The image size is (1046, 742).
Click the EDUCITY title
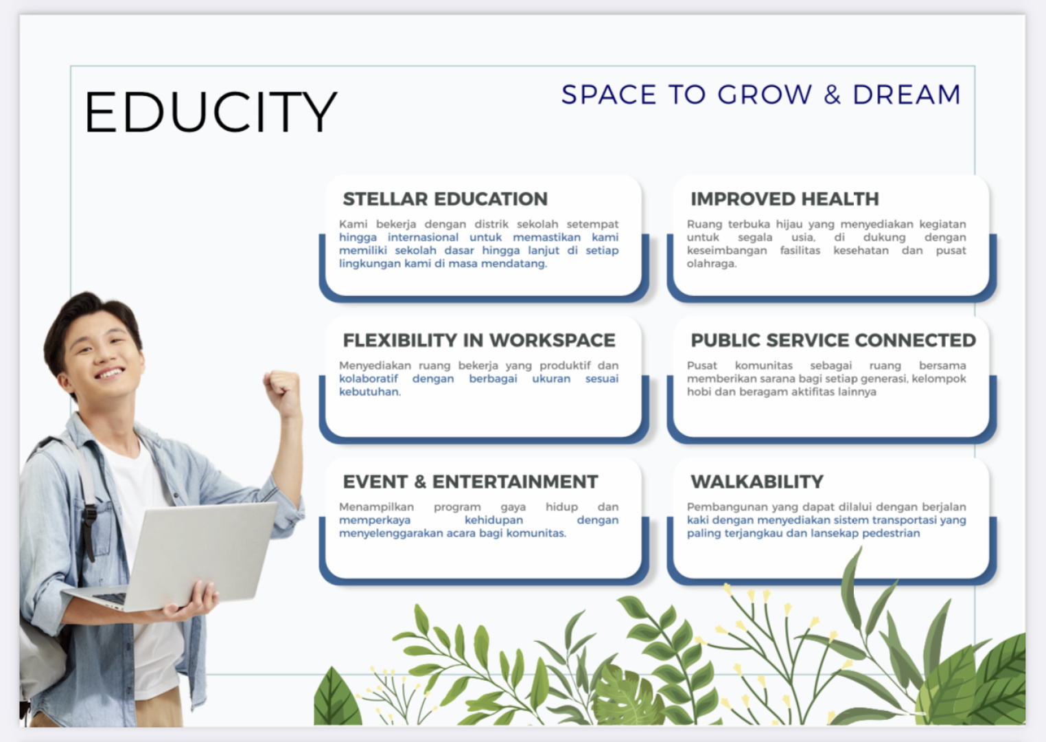[x=211, y=112]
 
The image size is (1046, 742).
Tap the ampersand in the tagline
[x=832, y=94]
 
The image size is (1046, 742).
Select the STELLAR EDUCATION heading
[x=445, y=199]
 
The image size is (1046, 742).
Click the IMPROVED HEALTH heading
[x=784, y=199]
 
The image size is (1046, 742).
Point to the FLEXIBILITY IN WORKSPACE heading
[x=479, y=340]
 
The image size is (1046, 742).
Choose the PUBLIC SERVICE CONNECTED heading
[x=833, y=340]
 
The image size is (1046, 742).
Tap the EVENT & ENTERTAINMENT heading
[x=470, y=482]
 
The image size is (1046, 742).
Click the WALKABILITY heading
[x=757, y=482]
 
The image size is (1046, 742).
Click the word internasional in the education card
[x=423, y=237]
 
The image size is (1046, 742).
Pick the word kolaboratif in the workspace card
[x=369, y=379]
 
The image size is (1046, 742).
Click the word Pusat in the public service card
[x=702, y=365]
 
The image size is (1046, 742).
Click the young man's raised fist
[x=281, y=392]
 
